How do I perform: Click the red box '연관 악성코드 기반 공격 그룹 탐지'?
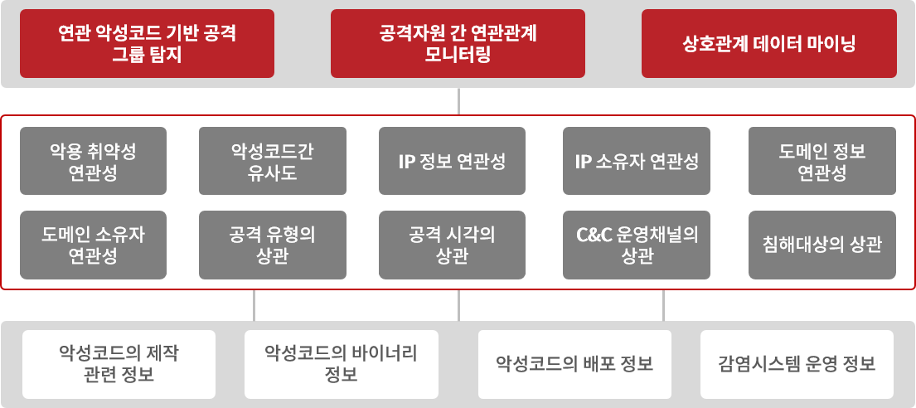coord(148,43)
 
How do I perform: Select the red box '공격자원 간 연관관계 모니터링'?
coord(458,43)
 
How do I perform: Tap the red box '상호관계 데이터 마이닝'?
coord(768,43)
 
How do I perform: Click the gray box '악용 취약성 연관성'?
coord(93,161)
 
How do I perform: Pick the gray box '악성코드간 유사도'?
coord(272,161)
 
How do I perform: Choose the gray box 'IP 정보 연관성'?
coord(452,161)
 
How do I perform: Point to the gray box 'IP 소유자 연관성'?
coord(637,161)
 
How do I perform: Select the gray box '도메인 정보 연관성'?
coord(822,161)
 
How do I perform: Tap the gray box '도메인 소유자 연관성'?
coord(93,245)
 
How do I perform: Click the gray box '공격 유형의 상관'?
coord(272,245)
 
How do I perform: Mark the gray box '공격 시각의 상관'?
coord(452,245)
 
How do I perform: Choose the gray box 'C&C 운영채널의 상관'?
coord(637,245)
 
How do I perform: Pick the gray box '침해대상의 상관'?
coord(822,245)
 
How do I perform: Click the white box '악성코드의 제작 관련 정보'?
coord(119,364)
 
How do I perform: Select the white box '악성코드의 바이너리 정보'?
coord(342,364)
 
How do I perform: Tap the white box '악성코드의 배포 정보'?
coord(574,364)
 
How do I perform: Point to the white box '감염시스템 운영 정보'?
coord(797,364)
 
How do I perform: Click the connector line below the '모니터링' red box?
coord(458,101)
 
